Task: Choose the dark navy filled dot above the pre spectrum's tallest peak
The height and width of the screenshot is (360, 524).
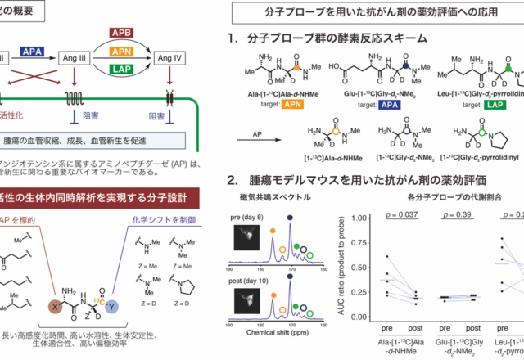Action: (x=291, y=218)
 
